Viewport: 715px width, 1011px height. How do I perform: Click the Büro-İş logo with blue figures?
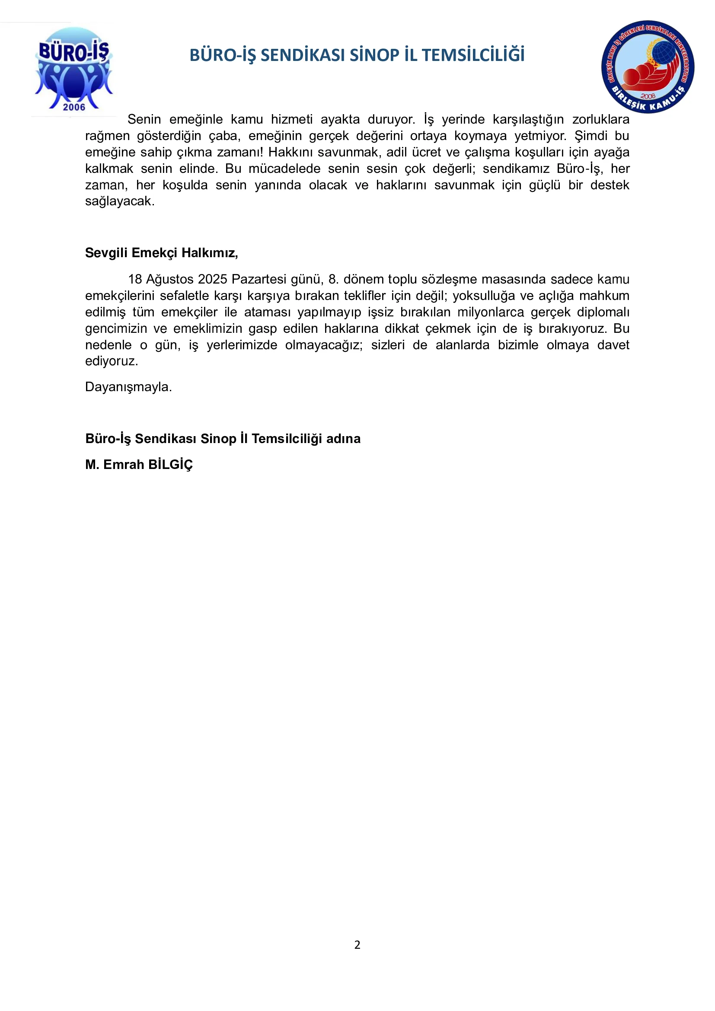(x=73, y=68)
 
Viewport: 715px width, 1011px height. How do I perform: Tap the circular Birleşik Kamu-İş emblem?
(x=648, y=67)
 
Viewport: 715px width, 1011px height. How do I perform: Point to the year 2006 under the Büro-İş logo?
(x=73, y=107)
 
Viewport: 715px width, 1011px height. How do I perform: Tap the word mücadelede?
(x=284, y=169)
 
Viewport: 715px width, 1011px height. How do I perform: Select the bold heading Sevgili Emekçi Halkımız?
(x=161, y=253)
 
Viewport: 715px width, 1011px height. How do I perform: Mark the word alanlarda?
(x=462, y=345)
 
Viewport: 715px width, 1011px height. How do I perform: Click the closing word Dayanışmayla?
(x=128, y=387)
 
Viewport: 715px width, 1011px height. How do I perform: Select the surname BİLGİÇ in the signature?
(x=170, y=465)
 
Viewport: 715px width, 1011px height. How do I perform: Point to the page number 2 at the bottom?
(x=357, y=944)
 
